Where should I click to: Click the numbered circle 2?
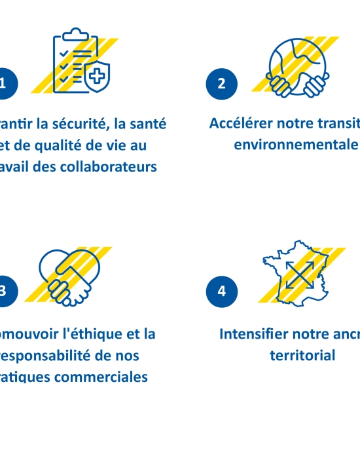pyautogui.click(x=221, y=83)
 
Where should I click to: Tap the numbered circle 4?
pyautogui.click(x=221, y=291)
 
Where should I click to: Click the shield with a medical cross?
pyautogui.click(x=97, y=77)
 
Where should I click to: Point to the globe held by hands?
pyautogui.click(x=297, y=62)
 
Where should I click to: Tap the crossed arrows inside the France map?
pyautogui.click(x=299, y=274)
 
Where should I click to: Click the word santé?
pyautogui.click(x=148, y=123)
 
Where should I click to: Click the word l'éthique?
pyautogui.click(x=97, y=334)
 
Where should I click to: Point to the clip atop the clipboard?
pyautogui.click(x=77, y=33)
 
